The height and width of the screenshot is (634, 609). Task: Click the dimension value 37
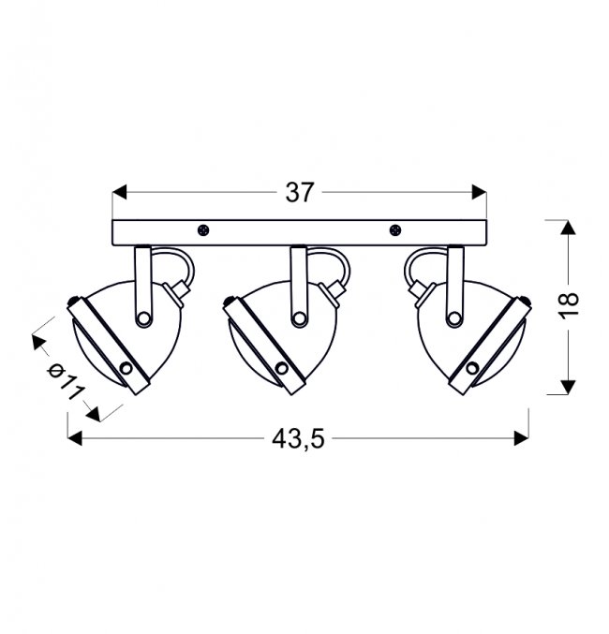coord(300,193)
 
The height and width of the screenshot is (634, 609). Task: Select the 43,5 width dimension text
coord(298,438)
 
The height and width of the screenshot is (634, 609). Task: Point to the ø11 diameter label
coord(66,381)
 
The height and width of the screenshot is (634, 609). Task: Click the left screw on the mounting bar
coord(203,230)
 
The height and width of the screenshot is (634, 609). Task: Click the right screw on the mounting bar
coord(395,230)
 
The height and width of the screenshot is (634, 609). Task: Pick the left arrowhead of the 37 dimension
coord(119,193)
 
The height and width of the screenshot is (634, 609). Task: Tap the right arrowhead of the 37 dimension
coord(479,193)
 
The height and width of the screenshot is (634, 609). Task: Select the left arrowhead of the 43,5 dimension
coord(75,438)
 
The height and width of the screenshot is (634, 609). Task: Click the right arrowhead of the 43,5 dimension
coord(521,438)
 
